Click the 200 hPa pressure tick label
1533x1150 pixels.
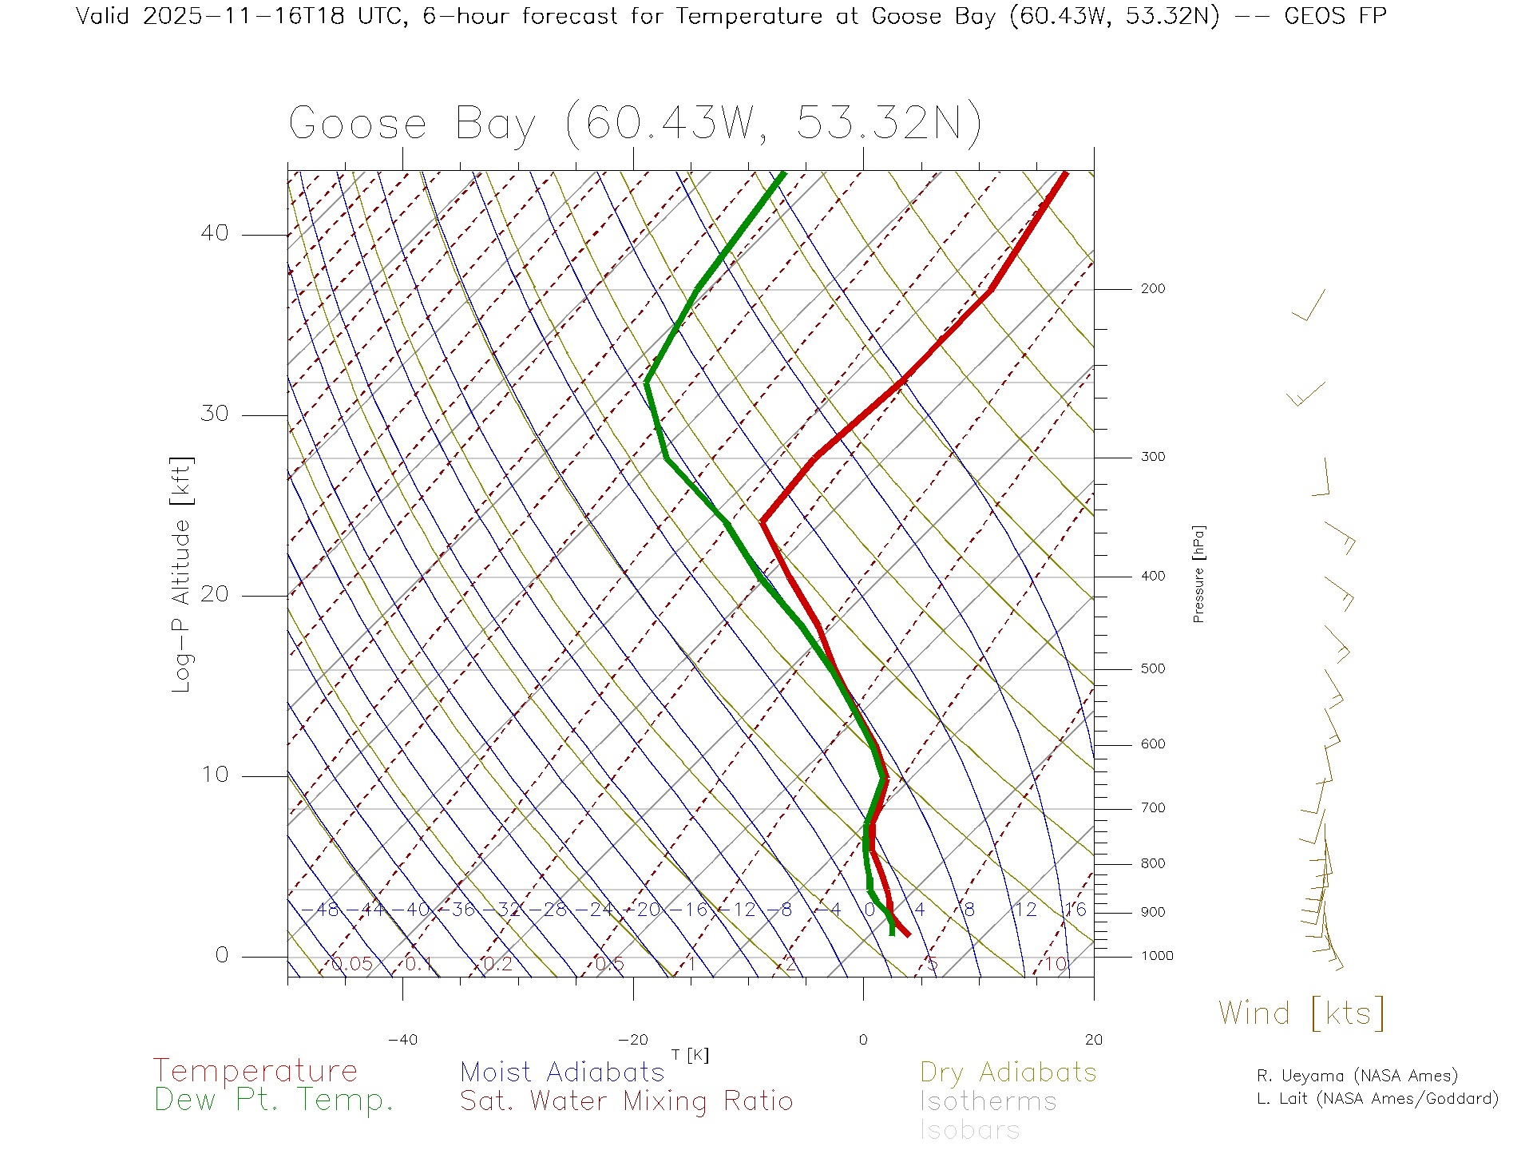pyautogui.click(x=1152, y=289)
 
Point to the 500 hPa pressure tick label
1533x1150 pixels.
pyautogui.click(x=1152, y=669)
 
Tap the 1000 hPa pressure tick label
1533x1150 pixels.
pyautogui.click(x=1157, y=956)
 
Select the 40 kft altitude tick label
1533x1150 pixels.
pyautogui.click(x=214, y=233)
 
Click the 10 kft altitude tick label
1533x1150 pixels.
pyautogui.click(x=214, y=775)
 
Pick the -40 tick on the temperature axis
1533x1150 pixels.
pyautogui.click(x=402, y=1040)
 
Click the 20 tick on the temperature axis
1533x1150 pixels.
pyautogui.click(x=1093, y=1040)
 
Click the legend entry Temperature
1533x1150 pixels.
pyautogui.click(x=255, y=1071)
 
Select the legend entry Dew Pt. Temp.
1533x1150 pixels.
pyautogui.click(x=274, y=1100)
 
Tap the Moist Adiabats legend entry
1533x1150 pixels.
pyautogui.click(x=562, y=1072)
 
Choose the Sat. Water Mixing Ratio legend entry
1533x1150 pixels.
pyautogui.click(x=626, y=1101)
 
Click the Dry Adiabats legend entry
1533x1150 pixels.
pyautogui.click(x=1008, y=1072)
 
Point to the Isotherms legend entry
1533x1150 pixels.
pyautogui.click(x=988, y=1101)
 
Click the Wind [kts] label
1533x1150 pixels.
pyautogui.click(x=1301, y=1013)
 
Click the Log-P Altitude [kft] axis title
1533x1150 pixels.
pyautogui.click(x=182, y=575)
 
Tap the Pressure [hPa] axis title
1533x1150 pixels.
pyautogui.click(x=1198, y=573)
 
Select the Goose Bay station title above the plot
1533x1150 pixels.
pyautogui.click(x=635, y=124)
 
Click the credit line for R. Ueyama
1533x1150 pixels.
pyautogui.click(x=1357, y=1076)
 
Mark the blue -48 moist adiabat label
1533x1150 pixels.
pyautogui.click(x=322, y=910)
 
